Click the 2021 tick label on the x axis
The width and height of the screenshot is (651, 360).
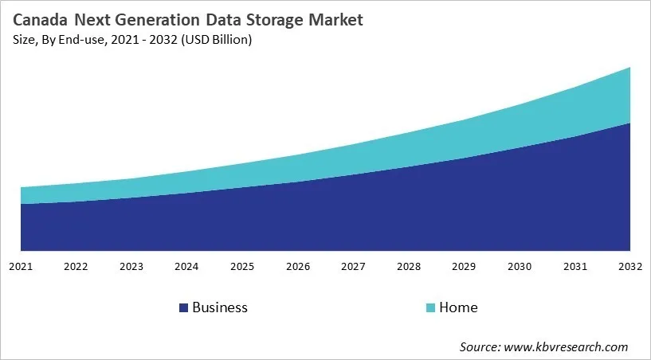21,265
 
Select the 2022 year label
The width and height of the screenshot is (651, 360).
76,265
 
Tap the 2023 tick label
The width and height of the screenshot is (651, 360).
131,265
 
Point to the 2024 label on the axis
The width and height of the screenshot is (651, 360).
186,265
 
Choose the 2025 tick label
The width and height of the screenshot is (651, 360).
242,265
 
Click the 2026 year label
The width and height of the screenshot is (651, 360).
298,265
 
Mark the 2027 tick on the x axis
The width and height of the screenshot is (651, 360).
353,265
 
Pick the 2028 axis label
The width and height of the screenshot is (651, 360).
409,265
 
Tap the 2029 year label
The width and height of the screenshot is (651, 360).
464,265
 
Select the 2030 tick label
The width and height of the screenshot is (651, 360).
520,265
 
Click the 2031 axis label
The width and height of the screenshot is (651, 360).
575,265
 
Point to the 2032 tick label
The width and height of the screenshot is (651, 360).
629,265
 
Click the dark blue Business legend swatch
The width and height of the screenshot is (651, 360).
183,307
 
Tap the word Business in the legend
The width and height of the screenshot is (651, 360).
220,307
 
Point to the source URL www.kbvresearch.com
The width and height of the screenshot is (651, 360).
566,346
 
